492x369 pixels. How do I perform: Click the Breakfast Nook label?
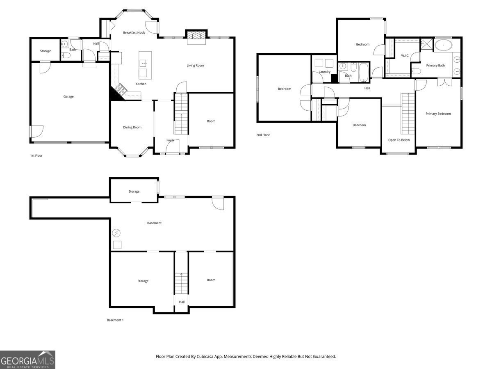click(x=134, y=32)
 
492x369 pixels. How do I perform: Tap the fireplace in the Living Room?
click(x=196, y=36)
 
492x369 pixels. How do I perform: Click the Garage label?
click(x=68, y=97)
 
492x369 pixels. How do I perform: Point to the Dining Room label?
click(x=132, y=128)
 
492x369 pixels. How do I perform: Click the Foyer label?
click(x=170, y=140)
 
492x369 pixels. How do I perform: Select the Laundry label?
click(x=324, y=72)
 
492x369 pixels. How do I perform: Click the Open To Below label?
click(x=399, y=140)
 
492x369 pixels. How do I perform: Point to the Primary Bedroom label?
click(x=438, y=114)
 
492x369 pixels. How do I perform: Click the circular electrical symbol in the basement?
click(x=116, y=233)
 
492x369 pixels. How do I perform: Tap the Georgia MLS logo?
click(x=27, y=360)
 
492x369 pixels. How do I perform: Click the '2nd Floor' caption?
click(x=263, y=135)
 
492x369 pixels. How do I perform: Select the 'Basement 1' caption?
click(x=115, y=320)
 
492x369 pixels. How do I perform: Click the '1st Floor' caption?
click(x=36, y=156)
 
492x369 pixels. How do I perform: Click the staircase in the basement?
click(x=181, y=283)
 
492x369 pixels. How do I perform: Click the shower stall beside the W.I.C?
click(x=426, y=43)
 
